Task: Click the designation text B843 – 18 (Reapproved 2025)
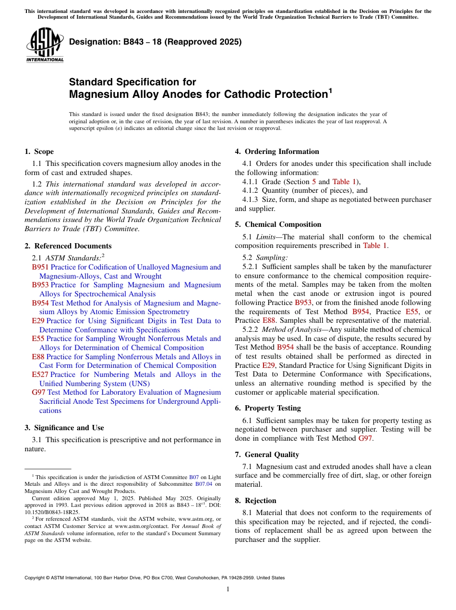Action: [x=155, y=42]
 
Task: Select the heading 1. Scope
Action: [x=39, y=152]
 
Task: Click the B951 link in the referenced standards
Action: [x=40, y=267]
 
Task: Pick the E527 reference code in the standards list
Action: [x=40, y=375]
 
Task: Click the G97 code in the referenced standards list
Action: [x=39, y=392]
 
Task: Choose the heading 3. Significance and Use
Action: [x=64, y=428]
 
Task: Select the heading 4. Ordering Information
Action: [x=277, y=152]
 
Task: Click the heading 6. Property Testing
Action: [x=268, y=408]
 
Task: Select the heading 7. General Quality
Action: [x=267, y=455]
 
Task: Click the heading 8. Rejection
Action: [x=255, y=501]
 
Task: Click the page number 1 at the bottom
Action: [x=228, y=589]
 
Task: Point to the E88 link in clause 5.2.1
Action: [x=269, y=320]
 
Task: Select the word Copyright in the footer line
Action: [x=36, y=578]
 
